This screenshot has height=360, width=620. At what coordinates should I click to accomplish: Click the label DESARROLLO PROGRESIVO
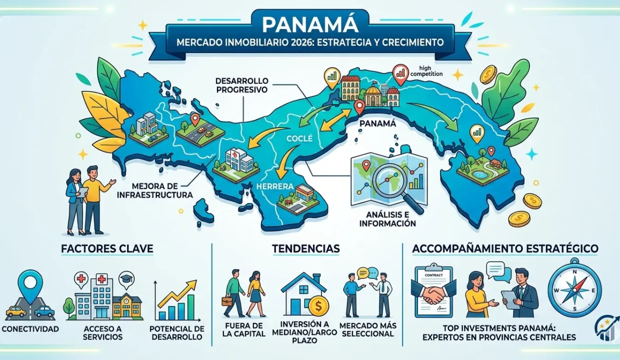point(242,85)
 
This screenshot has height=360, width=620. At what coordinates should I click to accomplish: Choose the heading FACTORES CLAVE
point(107,248)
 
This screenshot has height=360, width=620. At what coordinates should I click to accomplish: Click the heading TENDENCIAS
point(306,248)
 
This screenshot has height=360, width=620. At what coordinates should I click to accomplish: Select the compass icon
point(574,290)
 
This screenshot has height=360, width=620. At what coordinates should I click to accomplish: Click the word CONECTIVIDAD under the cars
point(30,329)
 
